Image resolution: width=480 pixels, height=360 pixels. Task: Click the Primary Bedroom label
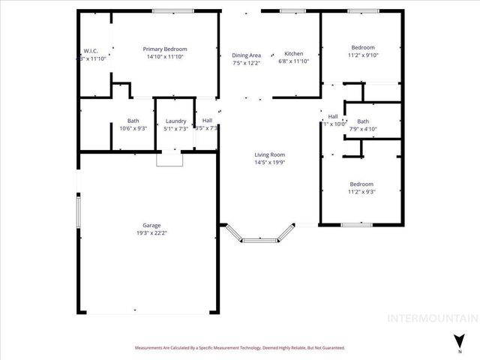click(165, 49)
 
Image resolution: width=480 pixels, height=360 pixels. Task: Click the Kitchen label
click(293, 54)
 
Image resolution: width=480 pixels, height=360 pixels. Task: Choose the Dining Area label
click(246, 55)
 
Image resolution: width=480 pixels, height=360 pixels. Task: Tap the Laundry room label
click(176, 121)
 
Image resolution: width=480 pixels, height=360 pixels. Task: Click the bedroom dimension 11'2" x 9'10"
click(363, 55)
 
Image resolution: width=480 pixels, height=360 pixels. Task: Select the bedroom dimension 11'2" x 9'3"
click(361, 191)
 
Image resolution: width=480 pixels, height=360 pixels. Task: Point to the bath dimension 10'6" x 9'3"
click(133, 128)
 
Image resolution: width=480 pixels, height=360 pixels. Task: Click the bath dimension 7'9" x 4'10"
click(363, 129)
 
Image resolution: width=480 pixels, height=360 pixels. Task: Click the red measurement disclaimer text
click(240, 348)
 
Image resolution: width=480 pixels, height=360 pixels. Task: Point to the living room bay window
click(259, 239)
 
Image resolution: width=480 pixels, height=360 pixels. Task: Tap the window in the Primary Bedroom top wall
click(168, 10)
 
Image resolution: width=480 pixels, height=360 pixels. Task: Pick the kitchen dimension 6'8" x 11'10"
click(293, 62)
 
